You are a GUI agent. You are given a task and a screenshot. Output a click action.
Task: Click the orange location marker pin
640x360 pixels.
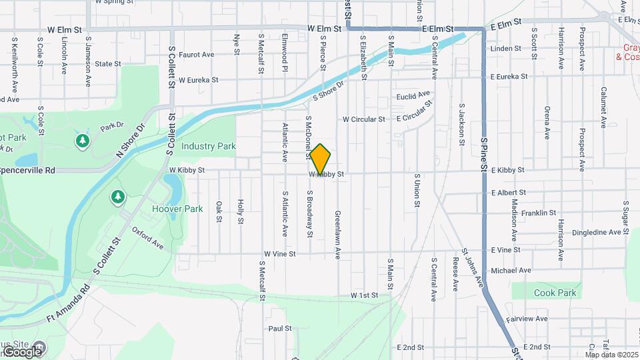point(321,159)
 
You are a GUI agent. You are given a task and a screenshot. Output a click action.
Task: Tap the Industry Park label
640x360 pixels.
point(209,146)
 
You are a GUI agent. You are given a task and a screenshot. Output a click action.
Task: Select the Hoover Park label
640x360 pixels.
point(177,209)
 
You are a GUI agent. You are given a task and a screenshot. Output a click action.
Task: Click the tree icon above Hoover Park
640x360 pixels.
point(117,197)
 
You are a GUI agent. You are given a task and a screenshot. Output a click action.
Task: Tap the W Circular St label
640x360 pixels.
point(364,120)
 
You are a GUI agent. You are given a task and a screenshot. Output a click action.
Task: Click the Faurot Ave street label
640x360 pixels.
point(197,55)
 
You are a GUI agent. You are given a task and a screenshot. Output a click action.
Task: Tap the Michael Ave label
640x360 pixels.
point(511,271)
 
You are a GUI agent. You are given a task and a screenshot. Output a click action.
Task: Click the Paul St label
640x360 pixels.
point(280,329)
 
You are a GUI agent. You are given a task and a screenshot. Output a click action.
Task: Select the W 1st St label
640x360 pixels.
point(365,295)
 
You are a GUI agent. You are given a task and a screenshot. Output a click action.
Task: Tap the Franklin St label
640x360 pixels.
point(539,213)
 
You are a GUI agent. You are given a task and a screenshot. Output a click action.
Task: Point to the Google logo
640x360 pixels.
point(21,351)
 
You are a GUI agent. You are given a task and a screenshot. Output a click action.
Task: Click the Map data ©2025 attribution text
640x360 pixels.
point(611,355)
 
